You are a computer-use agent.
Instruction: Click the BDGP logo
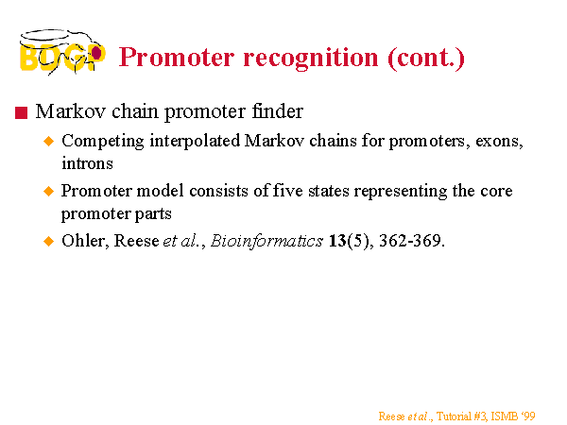pos(62,52)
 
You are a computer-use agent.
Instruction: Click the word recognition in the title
pos(311,59)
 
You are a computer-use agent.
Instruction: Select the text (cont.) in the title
pos(426,59)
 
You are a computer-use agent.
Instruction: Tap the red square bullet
pos(22,112)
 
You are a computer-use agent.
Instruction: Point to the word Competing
pos(103,142)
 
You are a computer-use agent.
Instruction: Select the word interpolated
pos(195,142)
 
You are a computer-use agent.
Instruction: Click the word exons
pos(499,142)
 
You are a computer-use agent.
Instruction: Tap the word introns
pos(87,163)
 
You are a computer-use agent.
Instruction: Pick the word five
pos(287,191)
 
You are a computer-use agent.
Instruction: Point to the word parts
pos(153,214)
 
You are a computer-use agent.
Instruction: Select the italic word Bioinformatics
pos(266,241)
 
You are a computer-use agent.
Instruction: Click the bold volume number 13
pos(337,241)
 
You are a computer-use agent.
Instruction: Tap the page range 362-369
pos(411,241)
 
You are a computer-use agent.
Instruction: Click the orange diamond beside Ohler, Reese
pos(48,241)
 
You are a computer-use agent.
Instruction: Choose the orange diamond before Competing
pos(48,141)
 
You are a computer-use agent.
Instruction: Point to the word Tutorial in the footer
pos(454,416)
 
